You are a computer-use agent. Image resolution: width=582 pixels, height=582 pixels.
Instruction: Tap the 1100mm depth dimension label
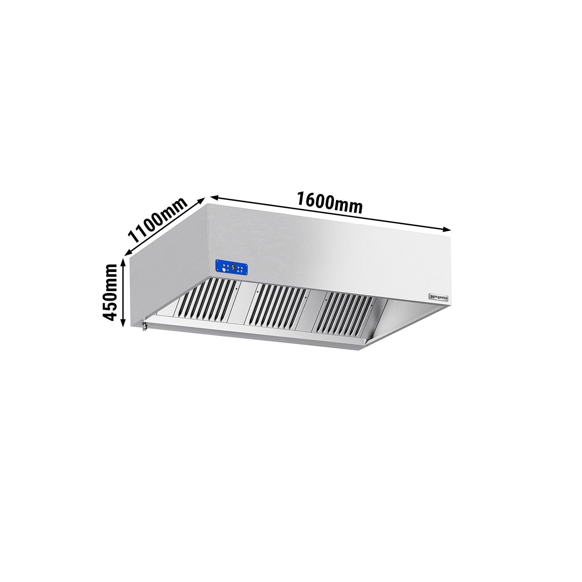(158, 222)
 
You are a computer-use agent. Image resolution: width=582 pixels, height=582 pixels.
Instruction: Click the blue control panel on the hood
(232, 267)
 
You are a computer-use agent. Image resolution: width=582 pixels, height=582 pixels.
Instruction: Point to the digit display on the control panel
(232, 267)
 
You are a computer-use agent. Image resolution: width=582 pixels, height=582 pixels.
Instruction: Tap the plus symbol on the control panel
(238, 270)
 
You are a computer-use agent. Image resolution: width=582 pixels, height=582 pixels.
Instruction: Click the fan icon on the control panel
(224, 270)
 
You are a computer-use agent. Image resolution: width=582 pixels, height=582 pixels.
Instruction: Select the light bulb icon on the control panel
(241, 270)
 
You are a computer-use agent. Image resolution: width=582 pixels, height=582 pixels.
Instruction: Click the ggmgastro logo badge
(438, 297)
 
